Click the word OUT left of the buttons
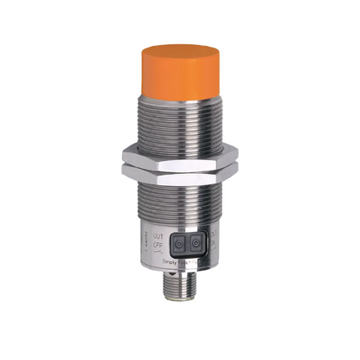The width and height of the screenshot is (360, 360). [157, 236]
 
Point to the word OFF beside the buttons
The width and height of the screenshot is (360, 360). [157, 246]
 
